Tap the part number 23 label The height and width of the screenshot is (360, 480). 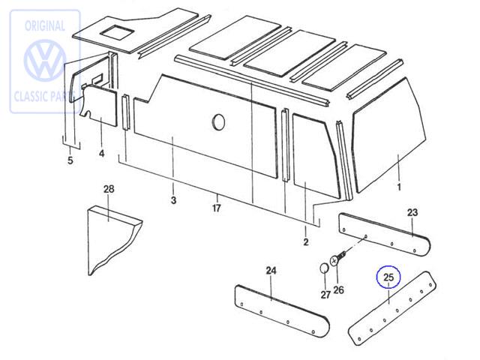[412, 212]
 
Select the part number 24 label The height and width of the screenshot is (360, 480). [271, 271]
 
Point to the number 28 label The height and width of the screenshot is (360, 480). [109, 188]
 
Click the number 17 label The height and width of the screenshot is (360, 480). [217, 208]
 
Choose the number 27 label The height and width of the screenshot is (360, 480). [325, 295]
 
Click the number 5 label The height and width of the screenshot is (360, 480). [70, 160]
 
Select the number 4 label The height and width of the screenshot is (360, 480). [102, 154]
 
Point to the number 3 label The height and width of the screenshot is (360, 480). [173, 200]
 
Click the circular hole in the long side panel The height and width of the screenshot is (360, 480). [218, 121]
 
